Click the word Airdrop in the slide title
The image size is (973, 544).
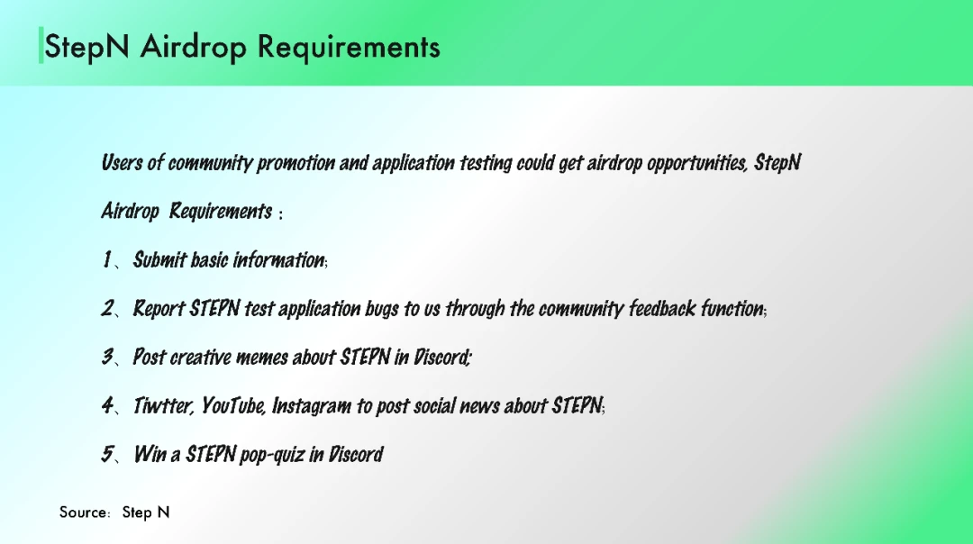pyautogui.click(x=193, y=47)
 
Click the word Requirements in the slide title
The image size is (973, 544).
pyautogui.click(x=349, y=47)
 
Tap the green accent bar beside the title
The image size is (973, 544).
pyautogui.click(x=41, y=45)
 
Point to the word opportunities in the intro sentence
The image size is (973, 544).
pyautogui.click(x=697, y=162)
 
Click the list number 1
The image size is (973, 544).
pyautogui.click(x=106, y=259)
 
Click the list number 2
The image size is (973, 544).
pyautogui.click(x=108, y=308)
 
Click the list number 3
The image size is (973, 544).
pyautogui.click(x=108, y=357)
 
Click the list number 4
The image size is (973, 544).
pyautogui.click(x=108, y=405)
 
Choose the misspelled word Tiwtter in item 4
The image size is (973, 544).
pyautogui.click(x=164, y=405)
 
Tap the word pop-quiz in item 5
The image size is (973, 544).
pyautogui.click(x=272, y=455)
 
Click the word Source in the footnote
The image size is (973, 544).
pyautogui.click(x=82, y=512)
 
